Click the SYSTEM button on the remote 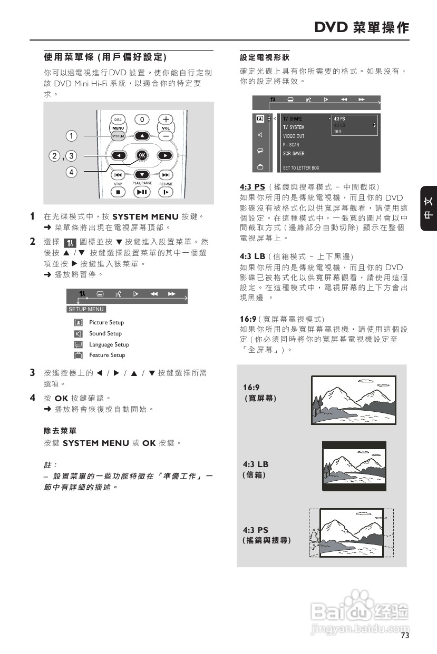[118, 136]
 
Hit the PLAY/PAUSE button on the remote [141, 192]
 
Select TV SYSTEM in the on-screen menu [294, 127]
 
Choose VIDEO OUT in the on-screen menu [294, 136]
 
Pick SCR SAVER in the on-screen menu [294, 154]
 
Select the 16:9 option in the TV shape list [338, 132]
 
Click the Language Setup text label [109, 344]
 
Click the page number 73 [404, 636]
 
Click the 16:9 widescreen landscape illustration [353, 400]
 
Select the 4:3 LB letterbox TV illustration [354, 467]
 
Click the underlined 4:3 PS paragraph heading [253, 187]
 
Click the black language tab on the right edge [428, 209]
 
